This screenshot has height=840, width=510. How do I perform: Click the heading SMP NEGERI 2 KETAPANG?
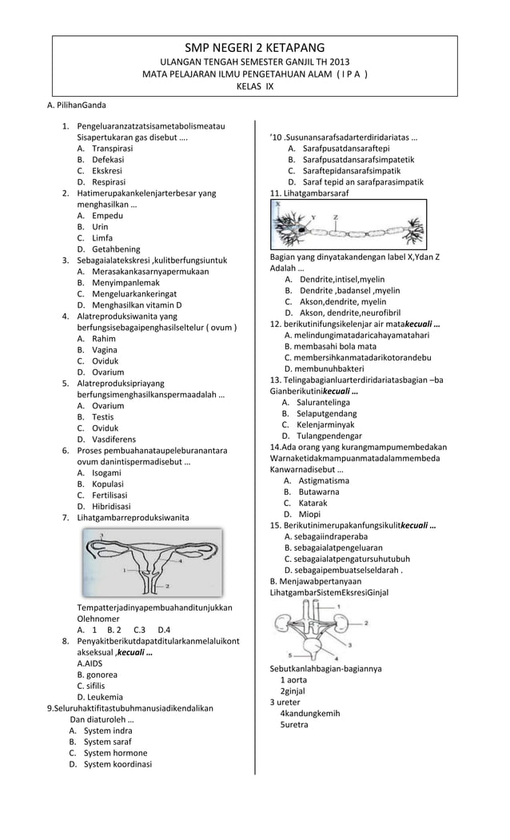point(254,48)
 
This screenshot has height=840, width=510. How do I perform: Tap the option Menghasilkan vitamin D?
point(137,305)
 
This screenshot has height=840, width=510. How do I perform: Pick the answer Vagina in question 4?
point(105,349)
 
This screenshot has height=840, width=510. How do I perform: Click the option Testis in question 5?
point(102,416)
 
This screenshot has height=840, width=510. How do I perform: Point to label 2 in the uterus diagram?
point(167,586)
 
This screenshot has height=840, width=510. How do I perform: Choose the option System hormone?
point(116,753)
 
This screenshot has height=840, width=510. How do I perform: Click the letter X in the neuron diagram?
point(277,205)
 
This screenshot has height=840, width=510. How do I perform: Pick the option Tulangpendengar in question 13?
point(331,436)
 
